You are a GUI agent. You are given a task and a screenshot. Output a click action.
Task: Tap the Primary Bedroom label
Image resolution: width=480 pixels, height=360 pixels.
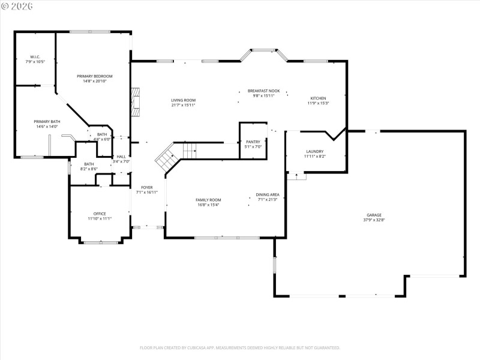click(x=95, y=76)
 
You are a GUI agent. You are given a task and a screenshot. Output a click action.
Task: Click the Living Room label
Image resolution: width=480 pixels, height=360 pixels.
click(x=183, y=100)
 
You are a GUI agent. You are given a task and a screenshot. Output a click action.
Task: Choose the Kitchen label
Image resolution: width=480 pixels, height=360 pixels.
click(x=318, y=98)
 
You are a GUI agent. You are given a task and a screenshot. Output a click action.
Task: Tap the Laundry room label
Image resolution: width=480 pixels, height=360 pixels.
click(x=315, y=151)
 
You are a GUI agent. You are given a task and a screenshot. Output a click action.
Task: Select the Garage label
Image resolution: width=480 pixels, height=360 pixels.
click(x=374, y=215)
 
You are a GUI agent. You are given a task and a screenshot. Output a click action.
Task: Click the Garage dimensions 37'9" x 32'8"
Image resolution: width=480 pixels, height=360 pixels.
click(x=374, y=220)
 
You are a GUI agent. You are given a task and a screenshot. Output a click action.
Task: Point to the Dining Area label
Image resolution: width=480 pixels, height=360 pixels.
click(x=268, y=194)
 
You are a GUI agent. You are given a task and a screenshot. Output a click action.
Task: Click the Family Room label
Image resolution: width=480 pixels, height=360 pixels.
click(x=208, y=200)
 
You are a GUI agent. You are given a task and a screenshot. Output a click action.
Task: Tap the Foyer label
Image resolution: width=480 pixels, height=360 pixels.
click(x=147, y=187)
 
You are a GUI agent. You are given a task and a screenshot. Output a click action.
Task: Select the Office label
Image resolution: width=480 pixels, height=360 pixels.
click(x=100, y=214)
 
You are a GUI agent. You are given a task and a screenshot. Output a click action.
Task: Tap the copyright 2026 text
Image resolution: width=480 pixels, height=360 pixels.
click(x=17, y=5)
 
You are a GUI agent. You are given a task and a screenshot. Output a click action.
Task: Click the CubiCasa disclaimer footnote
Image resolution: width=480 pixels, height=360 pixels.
click(x=240, y=347)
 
